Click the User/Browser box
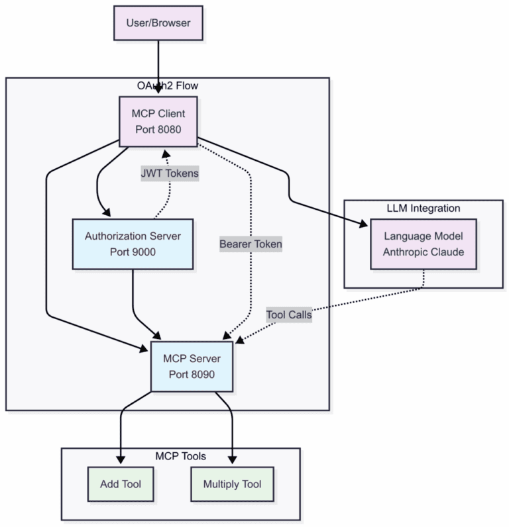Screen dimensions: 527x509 pos(158,23)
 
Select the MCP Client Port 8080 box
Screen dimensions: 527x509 pos(158,121)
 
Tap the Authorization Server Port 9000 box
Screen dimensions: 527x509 pos(133,244)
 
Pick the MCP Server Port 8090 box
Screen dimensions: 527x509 pos(192,366)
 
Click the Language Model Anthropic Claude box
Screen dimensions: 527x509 pos(423,245)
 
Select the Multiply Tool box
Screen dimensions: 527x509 pos(232,484)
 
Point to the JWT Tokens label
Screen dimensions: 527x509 pos(169,173)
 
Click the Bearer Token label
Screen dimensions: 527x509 pos(251,244)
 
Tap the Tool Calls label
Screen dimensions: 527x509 pos(289,315)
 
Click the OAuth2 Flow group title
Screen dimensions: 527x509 pos(168,85)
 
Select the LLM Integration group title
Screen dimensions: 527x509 pos(423,208)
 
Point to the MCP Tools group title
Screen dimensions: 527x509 pos(180,456)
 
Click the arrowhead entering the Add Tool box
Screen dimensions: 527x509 pos(121,459)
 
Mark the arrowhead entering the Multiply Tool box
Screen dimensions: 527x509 pos(232,459)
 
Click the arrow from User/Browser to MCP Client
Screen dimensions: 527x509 pos(158,66)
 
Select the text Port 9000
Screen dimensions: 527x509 pos(133,252)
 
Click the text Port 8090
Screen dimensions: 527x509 pos(192,374)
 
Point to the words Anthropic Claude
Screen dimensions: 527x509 pos(423,253)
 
